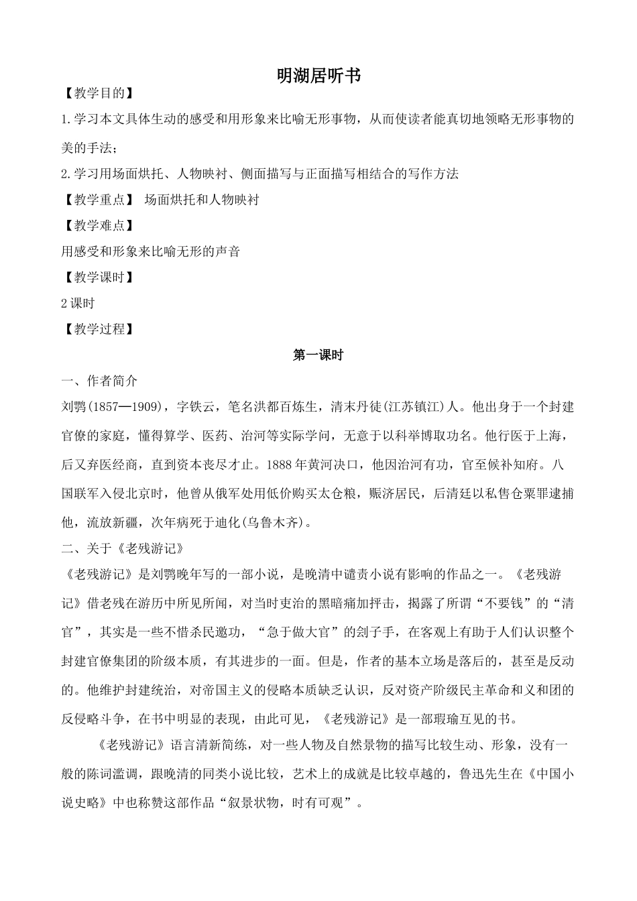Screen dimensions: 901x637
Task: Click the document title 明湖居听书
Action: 318,76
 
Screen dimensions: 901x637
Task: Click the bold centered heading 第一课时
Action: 318,355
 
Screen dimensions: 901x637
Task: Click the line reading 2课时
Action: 78,303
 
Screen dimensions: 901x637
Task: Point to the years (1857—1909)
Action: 127,407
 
